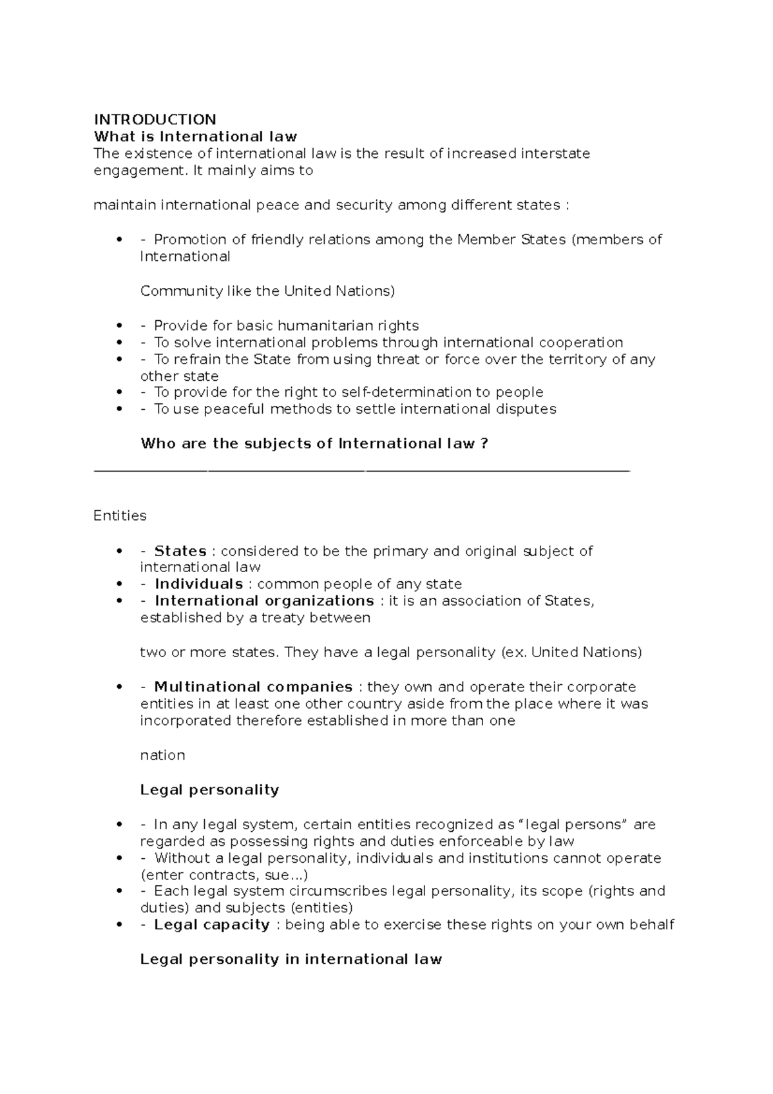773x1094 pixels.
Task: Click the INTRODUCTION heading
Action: click(155, 119)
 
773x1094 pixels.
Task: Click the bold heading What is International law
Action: click(195, 136)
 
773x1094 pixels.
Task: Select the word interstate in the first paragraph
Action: click(555, 153)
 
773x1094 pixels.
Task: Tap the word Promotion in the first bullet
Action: click(190, 240)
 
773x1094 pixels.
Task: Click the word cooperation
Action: click(580, 342)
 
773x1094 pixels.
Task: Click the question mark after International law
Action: click(484, 443)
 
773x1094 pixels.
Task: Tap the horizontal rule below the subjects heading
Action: click(361, 472)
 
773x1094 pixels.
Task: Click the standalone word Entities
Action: click(120, 515)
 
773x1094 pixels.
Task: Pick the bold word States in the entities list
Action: click(180, 551)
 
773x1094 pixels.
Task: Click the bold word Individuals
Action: click(198, 584)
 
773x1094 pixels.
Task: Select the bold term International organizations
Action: click(264, 600)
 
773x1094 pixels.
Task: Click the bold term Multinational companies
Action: click(253, 687)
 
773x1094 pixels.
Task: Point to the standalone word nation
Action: click(162, 755)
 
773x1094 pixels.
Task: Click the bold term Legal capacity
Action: click(212, 925)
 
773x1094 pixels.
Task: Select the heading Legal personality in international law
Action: click(291, 959)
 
